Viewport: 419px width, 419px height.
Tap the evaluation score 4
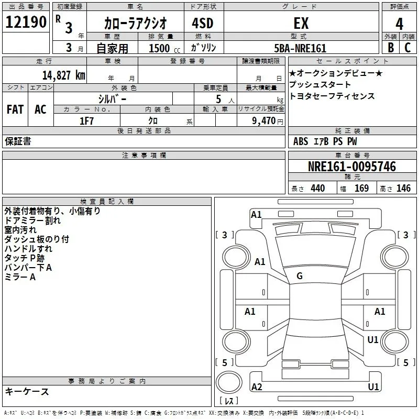coord(400,24)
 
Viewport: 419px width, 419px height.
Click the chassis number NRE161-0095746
coord(352,167)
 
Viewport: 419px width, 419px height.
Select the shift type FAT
coord(15,109)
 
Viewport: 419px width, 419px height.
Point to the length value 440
coord(317,189)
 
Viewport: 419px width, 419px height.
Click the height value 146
coord(403,189)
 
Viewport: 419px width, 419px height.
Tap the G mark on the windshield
coord(300,276)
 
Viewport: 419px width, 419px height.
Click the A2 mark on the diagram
coord(257,387)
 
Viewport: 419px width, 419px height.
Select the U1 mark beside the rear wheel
coord(373,340)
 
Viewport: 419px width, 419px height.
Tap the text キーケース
coord(27,392)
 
